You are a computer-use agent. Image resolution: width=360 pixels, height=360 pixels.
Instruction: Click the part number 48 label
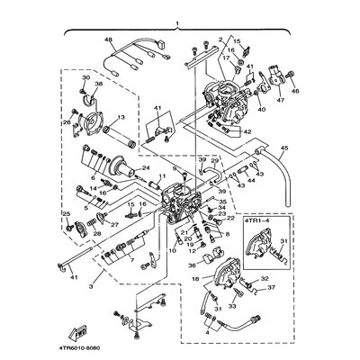coord(108,41)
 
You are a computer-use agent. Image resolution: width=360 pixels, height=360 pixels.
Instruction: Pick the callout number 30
coord(85,78)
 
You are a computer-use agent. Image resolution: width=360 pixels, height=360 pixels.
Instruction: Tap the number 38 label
coord(98,85)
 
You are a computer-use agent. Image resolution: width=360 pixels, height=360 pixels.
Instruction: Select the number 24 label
coord(146,168)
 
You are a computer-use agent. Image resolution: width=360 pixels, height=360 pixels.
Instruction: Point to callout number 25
coord(64,212)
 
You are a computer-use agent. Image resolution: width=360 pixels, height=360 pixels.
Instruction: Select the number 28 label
coord(96,232)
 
